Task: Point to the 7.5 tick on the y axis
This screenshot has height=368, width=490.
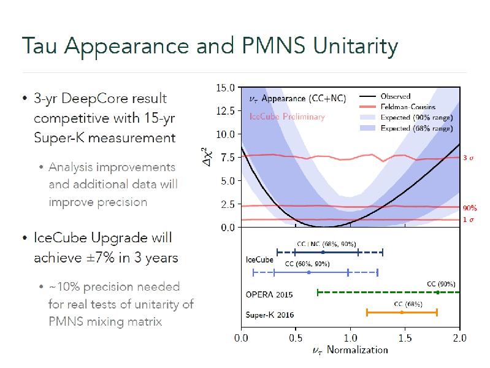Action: coord(227,157)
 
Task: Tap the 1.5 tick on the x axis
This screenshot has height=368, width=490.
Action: coord(405,337)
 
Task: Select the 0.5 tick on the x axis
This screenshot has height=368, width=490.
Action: coord(296,337)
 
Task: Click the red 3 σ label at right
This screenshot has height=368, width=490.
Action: coord(468,158)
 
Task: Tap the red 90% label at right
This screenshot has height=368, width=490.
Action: coord(469,209)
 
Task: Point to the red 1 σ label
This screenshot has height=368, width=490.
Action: coord(468,220)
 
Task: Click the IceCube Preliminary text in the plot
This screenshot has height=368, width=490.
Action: coord(286,117)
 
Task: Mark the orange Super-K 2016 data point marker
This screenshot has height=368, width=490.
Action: coord(402,312)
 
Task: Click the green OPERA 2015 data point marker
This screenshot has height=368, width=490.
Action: coord(437,293)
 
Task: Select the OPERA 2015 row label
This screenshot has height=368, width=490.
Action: coord(269,294)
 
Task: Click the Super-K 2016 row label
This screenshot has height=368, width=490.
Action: coord(270,315)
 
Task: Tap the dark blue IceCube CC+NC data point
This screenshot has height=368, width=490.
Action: coord(323,252)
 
